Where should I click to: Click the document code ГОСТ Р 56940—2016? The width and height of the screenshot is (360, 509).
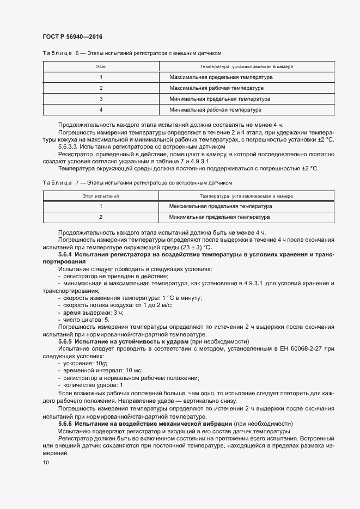[x=72, y=36]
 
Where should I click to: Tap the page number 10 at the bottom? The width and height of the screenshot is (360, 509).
[x=46, y=462]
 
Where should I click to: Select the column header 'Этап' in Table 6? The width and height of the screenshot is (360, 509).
[x=101, y=66]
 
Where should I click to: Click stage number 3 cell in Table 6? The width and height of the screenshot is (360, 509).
[x=101, y=99]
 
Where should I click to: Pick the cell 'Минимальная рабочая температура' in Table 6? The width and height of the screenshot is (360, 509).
[x=216, y=109]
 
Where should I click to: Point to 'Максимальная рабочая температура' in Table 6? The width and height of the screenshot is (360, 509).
[x=217, y=88]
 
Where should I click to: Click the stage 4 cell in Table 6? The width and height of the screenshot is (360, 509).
[x=101, y=109]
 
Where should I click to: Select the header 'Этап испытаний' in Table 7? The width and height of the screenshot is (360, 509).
[x=101, y=195]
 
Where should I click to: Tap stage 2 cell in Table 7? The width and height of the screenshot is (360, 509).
[x=101, y=217]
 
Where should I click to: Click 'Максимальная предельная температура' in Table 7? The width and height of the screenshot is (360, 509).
[x=221, y=206]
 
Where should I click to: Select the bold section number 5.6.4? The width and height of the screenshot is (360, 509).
[x=65, y=254]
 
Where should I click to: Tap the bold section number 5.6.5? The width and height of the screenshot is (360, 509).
[x=65, y=341]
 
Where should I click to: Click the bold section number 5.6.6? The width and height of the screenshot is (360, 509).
[x=65, y=423]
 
